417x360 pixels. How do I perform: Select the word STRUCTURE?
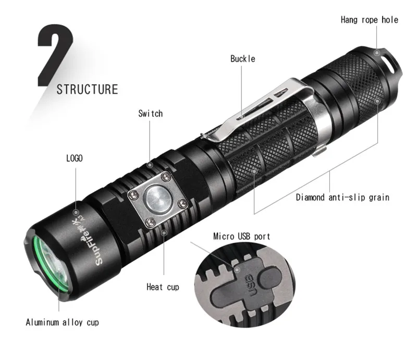tap(87, 89)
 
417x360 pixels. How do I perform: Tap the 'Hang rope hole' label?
tap(369, 20)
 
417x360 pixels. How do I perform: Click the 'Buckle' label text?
tap(243, 59)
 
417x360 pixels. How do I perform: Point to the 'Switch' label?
tap(150, 113)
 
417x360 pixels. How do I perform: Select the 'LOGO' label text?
tap(74, 158)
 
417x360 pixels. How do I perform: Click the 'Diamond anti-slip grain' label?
tap(342, 197)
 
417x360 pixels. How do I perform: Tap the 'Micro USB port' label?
tap(242, 236)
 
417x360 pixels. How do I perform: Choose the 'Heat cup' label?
tap(162, 287)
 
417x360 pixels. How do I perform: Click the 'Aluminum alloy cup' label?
tap(62, 322)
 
